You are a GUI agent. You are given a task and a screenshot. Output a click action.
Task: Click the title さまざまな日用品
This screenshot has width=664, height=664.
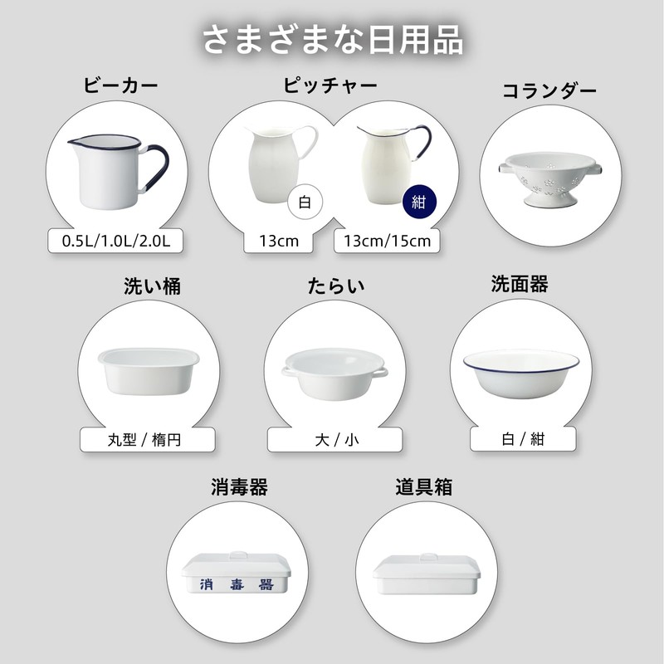tap(332, 39)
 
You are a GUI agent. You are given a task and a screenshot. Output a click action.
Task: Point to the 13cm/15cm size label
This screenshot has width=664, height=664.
tap(387, 242)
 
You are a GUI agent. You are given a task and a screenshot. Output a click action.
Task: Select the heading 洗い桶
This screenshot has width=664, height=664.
tap(152, 286)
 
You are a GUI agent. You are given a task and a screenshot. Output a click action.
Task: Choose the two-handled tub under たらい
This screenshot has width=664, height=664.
tap(332, 372)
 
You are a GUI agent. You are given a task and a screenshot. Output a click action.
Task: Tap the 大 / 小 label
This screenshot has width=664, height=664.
tap(332, 440)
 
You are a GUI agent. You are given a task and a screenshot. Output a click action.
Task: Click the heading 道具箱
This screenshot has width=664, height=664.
tap(423, 487)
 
